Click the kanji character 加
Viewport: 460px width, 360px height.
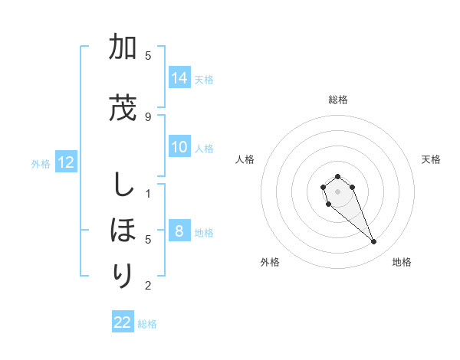122,49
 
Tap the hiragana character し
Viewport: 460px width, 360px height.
122,185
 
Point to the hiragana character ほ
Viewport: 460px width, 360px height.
122,230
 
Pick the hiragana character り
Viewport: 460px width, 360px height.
122,274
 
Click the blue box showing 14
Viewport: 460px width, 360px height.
179,78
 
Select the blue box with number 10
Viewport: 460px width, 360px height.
179,147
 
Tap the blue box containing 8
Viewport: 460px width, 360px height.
179,231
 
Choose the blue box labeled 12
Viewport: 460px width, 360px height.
66,162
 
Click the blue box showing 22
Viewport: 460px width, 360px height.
123,322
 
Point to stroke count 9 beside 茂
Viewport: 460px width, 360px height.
148,116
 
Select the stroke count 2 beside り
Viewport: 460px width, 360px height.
148,286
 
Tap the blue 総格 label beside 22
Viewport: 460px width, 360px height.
147,324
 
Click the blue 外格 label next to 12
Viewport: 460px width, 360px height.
41,163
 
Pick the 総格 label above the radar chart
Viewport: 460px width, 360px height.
337,100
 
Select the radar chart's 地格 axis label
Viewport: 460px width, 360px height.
402,262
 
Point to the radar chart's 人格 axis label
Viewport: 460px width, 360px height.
245,159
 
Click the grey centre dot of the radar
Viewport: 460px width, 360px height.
337,191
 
